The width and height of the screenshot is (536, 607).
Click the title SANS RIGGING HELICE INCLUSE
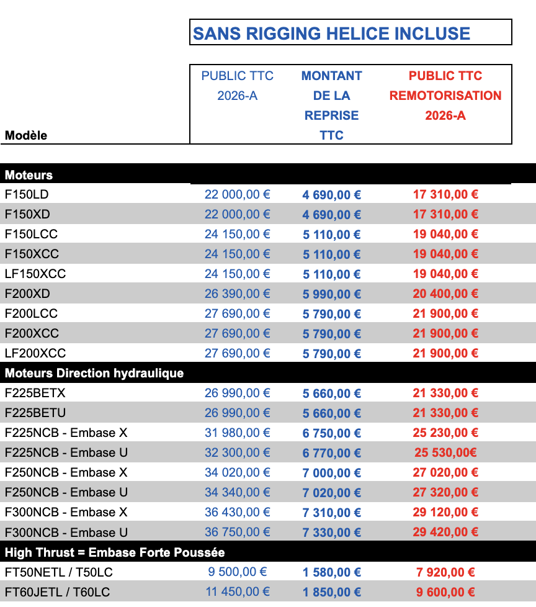[x=331, y=34]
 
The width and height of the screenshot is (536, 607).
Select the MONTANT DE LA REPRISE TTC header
[x=331, y=106]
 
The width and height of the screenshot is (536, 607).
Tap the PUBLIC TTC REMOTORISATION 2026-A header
[x=445, y=96]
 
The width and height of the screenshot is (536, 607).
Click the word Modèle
[x=26, y=135]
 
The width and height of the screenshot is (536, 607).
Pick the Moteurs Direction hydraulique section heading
[x=94, y=374]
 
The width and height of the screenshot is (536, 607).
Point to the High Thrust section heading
[x=115, y=552]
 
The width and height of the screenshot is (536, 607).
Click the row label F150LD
[x=27, y=194]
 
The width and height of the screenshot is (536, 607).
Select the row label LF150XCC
[x=35, y=274]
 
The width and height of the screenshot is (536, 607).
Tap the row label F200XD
[x=27, y=294]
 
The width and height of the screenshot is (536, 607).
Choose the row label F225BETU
[x=35, y=413]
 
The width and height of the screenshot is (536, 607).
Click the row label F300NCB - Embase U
[x=66, y=533]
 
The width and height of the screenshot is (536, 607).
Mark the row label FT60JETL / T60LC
[x=59, y=592]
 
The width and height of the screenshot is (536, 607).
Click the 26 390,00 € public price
[x=238, y=294]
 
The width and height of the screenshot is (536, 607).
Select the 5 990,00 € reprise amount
[x=332, y=294]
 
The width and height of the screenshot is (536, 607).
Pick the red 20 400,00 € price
[x=445, y=294]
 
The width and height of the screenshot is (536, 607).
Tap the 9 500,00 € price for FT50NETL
[x=238, y=572]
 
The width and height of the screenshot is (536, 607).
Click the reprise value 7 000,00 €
[x=332, y=473]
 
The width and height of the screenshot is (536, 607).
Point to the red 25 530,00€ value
[x=445, y=453]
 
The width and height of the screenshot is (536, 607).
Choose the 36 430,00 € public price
[x=238, y=513]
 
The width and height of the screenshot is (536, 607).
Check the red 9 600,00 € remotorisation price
[x=445, y=592]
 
